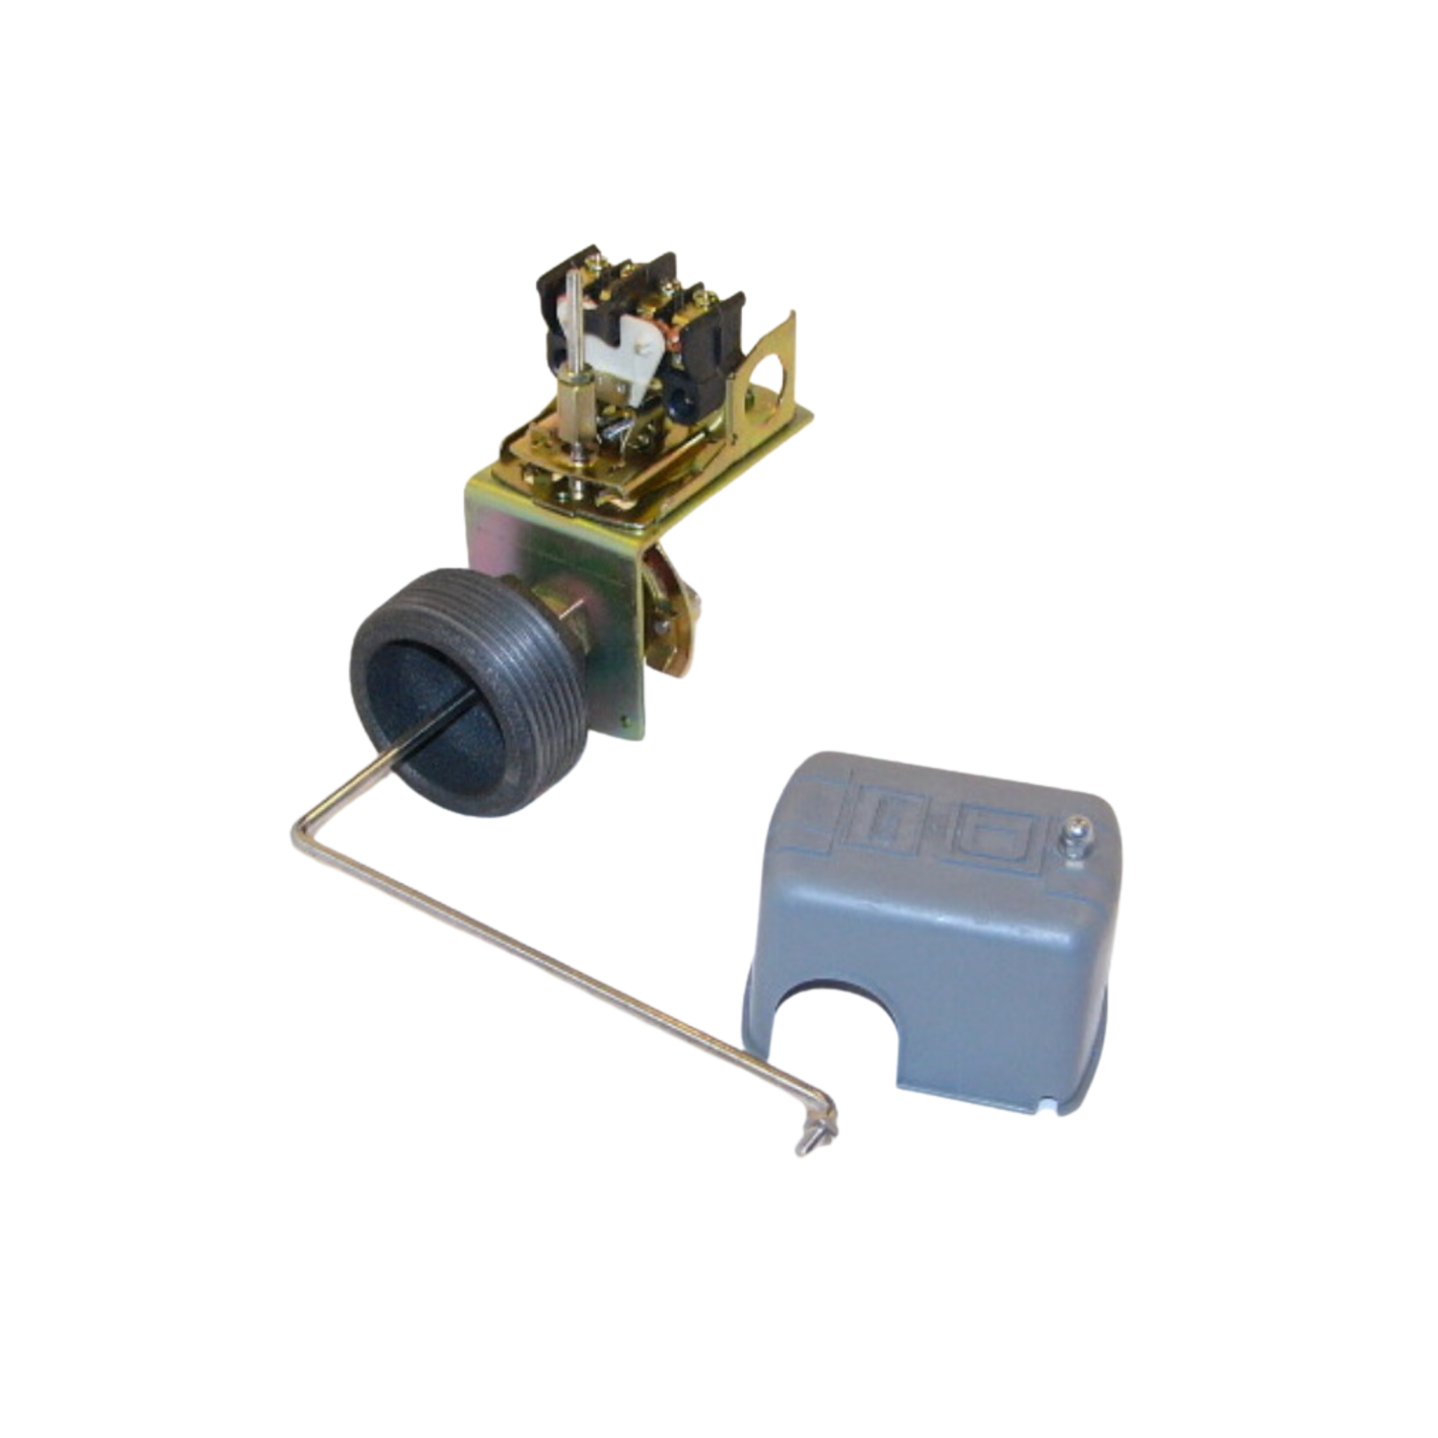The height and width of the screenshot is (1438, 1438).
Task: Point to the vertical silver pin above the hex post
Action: pos(572,316)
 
